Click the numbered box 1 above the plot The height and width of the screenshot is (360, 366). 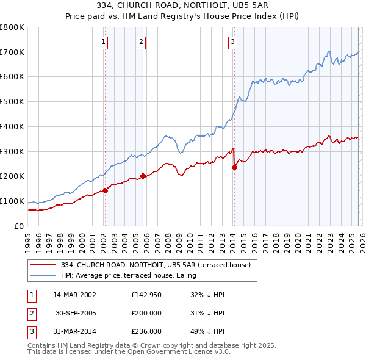point(104,42)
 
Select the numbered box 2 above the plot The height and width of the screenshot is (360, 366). point(142,42)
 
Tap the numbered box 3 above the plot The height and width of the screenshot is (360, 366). point(233,42)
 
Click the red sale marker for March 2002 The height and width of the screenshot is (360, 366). point(105,190)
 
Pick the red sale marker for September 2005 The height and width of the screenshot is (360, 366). point(143,176)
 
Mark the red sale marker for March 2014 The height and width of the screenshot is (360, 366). point(234,168)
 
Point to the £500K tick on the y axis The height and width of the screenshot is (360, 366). point(12,102)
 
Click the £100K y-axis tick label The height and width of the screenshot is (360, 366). point(12,201)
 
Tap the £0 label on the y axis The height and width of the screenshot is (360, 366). point(18,226)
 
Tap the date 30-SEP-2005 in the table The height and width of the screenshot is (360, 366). point(74,312)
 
